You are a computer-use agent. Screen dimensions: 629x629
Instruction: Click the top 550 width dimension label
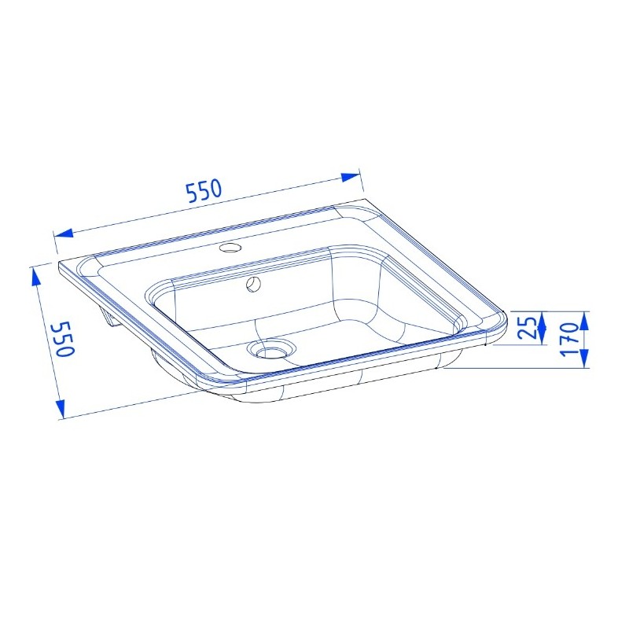pos(204,190)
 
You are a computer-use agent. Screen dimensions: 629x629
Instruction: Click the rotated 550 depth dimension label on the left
pos(65,339)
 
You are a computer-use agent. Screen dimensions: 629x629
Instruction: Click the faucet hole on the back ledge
pos(230,248)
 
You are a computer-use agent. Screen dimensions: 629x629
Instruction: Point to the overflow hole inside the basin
pos(253,284)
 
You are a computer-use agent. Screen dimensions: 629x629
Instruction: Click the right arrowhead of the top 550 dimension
pos(351,177)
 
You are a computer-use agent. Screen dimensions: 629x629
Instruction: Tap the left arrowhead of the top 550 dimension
pos(64,233)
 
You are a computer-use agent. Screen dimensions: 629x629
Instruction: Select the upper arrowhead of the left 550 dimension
pos(35,278)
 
